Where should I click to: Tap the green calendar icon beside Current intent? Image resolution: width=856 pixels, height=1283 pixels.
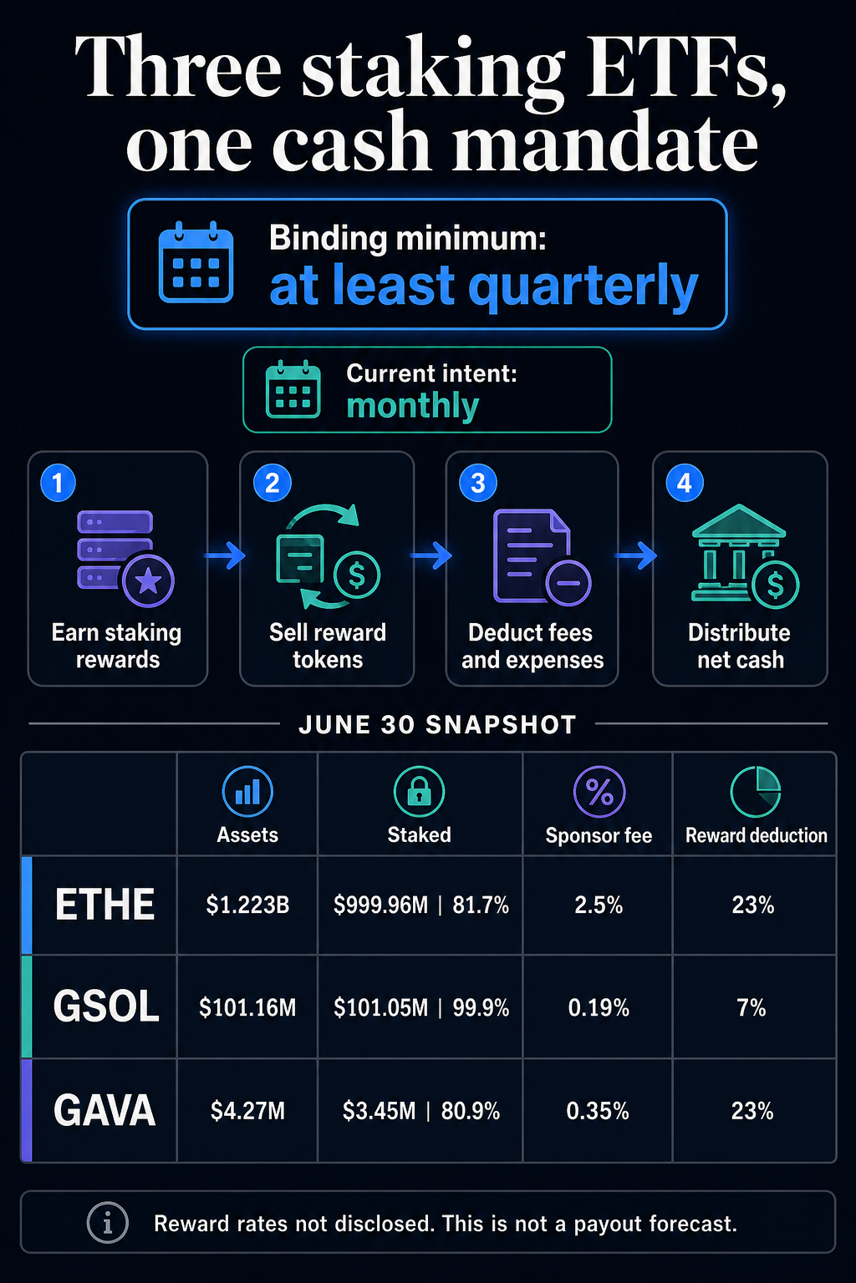(x=293, y=389)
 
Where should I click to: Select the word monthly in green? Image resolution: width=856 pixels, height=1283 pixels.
(x=412, y=406)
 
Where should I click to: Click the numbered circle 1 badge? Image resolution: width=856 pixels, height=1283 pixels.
(x=58, y=483)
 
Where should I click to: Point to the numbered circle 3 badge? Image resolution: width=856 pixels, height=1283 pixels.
(x=478, y=483)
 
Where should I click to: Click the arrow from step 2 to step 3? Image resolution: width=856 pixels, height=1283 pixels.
(x=431, y=555)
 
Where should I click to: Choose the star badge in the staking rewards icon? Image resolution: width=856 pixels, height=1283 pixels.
(x=149, y=581)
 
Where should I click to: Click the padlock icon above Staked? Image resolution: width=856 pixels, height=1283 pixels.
(x=419, y=791)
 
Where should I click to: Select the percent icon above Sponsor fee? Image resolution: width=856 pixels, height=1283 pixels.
(x=599, y=791)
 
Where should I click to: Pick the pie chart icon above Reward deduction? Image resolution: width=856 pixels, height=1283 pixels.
(x=756, y=791)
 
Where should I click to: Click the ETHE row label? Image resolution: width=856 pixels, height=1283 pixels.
(x=105, y=905)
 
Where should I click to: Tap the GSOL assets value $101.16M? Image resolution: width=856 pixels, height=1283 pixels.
(x=247, y=1007)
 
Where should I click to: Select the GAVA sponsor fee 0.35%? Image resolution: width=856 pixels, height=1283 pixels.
(x=598, y=1111)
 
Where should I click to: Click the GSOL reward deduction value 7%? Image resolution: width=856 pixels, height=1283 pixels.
(x=752, y=1007)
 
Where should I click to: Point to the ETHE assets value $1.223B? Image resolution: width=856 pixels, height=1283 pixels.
(x=247, y=905)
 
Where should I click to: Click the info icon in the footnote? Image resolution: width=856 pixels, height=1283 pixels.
(x=107, y=1224)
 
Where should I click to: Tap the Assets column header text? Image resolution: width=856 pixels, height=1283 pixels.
(x=247, y=835)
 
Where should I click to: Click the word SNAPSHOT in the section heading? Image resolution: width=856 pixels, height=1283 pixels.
(x=501, y=725)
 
